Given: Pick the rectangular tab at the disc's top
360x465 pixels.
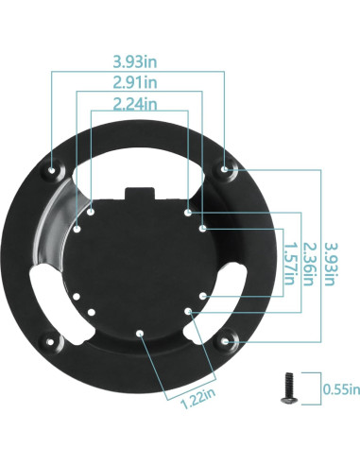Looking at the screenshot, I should click(x=139, y=194).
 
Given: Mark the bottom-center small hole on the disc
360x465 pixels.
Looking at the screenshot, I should click(x=139, y=333).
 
